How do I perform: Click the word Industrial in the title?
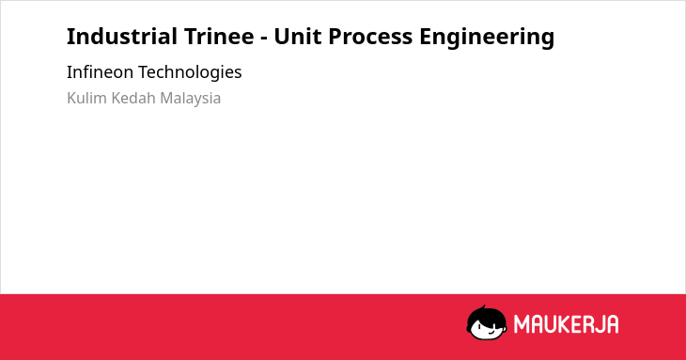(x=122, y=36)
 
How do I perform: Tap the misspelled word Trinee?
(x=219, y=36)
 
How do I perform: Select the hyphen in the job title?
(x=264, y=38)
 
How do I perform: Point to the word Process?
(x=370, y=37)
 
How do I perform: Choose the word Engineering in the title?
(x=487, y=38)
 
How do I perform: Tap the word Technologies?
(x=190, y=72)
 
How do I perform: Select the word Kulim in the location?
(x=86, y=98)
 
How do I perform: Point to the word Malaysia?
(x=191, y=99)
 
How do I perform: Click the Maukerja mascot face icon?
(x=487, y=322)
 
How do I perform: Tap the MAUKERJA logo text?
(x=566, y=324)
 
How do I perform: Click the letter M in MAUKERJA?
(x=521, y=324)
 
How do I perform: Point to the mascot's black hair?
(x=486, y=314)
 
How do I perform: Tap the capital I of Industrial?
(x=70, y=37)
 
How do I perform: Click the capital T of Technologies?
(x=143, y=72)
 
